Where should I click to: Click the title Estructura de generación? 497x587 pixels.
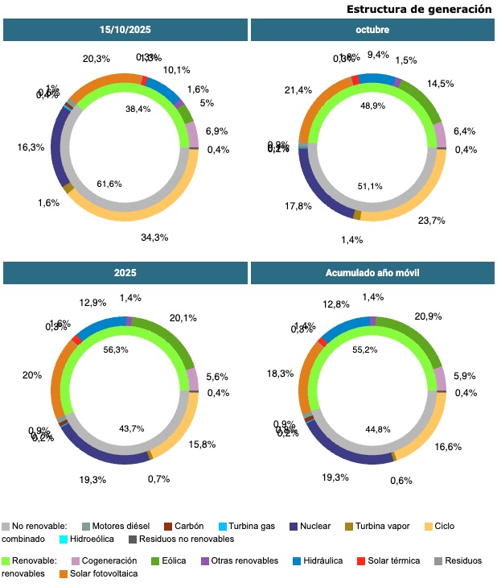(x=419, y=9)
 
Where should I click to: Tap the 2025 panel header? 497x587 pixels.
(x=125, y=273)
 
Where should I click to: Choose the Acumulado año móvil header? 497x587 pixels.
(x=372, y=273)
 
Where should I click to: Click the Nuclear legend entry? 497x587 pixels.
(x=314, y=526)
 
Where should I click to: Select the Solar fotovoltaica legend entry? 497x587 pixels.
(x=102, y=573)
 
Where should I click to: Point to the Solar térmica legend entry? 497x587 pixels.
(x=393, y=560)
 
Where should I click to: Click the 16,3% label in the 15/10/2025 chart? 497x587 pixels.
(x=31, y=147)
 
